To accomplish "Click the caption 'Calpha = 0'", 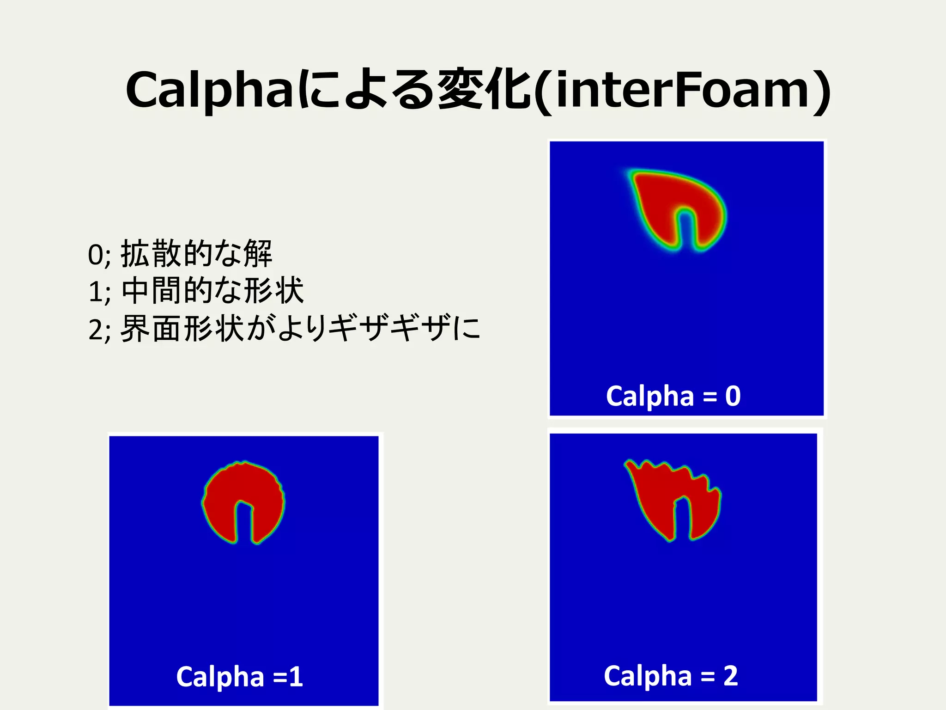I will [x=673, y=396].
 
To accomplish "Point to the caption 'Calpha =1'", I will [x=239, y=677].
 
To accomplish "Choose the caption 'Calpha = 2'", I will [x=671, y=676].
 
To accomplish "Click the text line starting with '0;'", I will [x=180, y=254].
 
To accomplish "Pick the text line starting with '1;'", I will [x=196, y=291].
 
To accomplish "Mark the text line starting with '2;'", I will [x=284, y=329].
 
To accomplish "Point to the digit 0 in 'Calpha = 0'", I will [x=733, y=396].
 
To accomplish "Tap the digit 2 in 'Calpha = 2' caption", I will [x=730, y=676].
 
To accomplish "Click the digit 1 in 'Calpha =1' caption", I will [x=296, y=677].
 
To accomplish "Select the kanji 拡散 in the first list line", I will [x=150, y=254].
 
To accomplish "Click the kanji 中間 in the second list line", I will [x=150, y=291].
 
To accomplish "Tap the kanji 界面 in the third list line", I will [x=150, y=329].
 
